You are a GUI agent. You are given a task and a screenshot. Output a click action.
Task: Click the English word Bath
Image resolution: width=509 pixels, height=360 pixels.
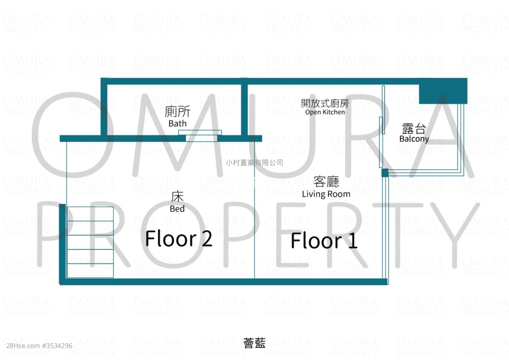pos(177,124)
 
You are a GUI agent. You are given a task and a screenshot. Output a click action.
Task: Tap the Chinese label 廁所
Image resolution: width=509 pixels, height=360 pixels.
pos(177,111)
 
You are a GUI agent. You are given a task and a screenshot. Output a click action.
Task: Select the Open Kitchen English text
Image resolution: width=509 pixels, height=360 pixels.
pos(325,112)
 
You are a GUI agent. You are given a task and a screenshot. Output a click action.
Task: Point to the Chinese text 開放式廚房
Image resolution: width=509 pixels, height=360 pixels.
pos(325,104)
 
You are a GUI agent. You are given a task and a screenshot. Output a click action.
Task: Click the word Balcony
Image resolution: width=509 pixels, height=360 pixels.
pos(414,139)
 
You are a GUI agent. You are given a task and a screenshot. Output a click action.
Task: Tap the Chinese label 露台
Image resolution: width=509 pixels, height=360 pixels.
pos(414,129)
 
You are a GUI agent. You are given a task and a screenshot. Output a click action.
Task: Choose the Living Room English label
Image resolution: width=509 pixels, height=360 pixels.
pos(326,194)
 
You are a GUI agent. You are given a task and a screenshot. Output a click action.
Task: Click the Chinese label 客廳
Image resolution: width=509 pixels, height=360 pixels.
pos(326,181)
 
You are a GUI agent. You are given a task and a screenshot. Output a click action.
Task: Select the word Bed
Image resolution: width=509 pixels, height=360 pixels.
pos(177,209)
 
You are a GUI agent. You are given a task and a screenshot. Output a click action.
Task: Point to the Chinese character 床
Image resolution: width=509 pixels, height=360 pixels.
pos(177,197)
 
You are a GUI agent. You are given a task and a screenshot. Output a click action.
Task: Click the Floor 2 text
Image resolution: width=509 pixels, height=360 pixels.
pos(179,239)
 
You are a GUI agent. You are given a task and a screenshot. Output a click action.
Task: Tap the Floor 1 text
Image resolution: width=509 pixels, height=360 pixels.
pos(324,240)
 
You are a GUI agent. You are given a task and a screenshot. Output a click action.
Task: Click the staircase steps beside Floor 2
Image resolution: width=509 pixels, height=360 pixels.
pos(90,242)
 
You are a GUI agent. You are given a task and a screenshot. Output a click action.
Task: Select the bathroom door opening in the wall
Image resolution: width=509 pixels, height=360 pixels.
pos(201,138)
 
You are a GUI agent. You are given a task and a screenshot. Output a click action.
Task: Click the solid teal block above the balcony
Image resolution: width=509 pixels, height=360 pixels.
pos(443,91)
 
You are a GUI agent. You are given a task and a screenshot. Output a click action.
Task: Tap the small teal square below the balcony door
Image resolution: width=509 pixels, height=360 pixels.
pos(385,173)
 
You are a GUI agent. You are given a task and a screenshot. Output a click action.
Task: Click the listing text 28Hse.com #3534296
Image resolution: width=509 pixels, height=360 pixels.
pos(39,346)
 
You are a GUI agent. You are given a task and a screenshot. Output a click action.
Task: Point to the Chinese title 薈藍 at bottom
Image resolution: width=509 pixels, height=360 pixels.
pos(254,343)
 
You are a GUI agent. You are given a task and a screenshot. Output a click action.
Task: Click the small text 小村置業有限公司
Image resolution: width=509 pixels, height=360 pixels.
pos(255,163)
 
